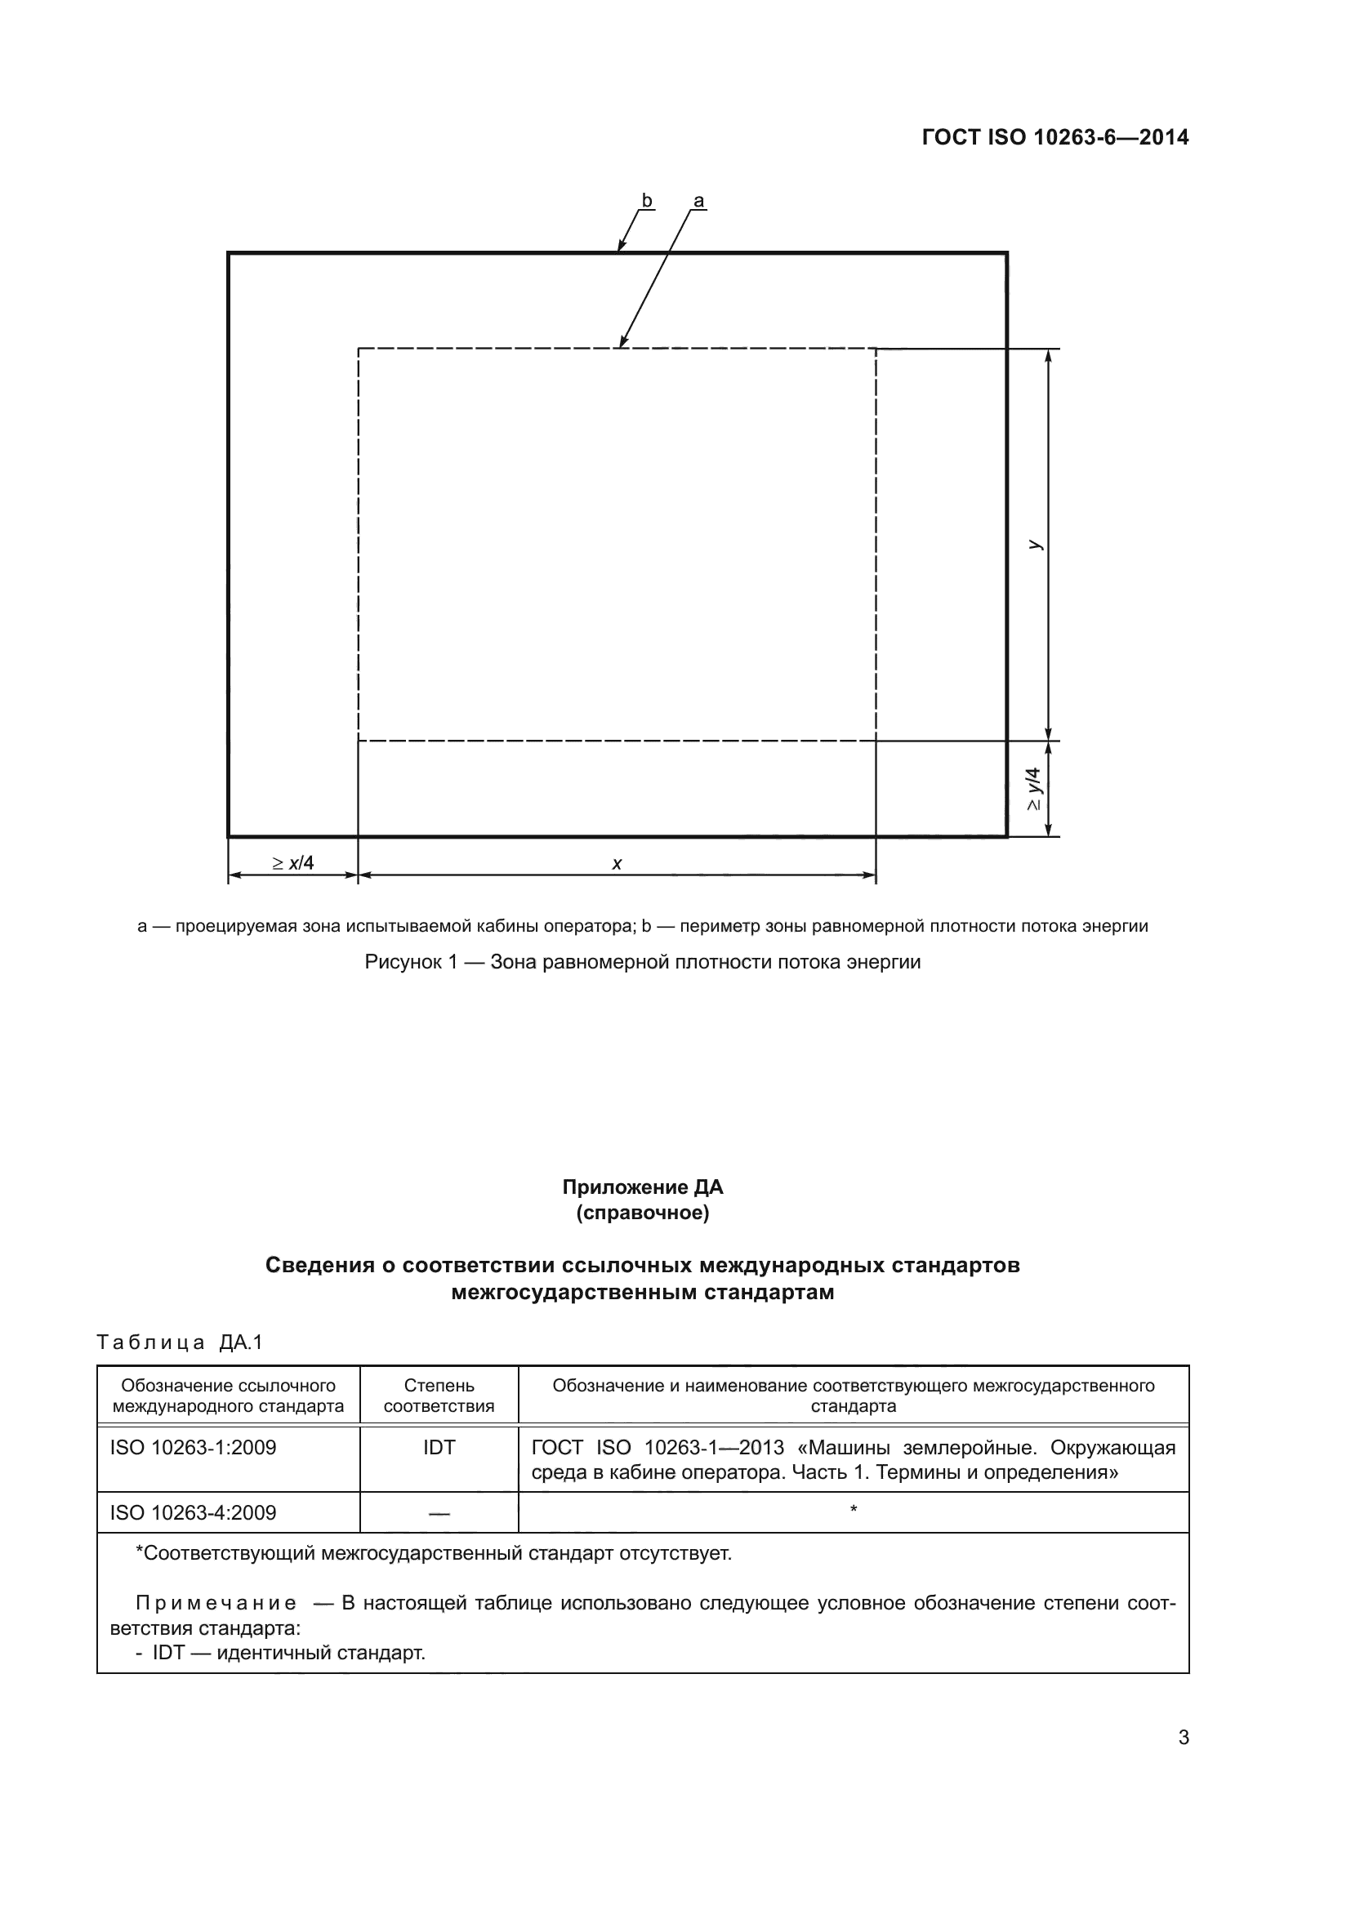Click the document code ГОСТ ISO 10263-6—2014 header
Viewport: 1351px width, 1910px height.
click(1054, 138)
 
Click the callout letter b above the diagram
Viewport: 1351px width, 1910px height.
click(646, 201)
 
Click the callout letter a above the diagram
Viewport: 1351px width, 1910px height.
click(699, 201)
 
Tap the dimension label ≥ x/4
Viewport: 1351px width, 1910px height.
click(293, 862)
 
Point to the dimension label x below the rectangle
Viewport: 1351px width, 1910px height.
click(617, 863)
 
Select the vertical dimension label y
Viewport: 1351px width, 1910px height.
click(1034, 544)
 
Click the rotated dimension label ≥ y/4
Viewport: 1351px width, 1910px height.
click(1034, 788)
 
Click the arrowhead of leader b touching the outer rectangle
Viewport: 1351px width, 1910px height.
click(620, 247)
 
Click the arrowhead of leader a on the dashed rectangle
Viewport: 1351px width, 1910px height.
click(622, 343)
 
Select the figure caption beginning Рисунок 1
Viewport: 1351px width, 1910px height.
click(642, 962)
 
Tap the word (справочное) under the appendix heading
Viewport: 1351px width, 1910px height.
click(642, 1213)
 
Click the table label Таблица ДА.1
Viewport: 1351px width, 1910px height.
click(180, 1342)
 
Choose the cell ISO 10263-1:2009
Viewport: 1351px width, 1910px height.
click(193, 1448)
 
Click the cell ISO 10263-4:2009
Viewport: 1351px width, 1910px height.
click(193, 1512)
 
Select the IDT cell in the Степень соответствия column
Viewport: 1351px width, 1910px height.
click(439, 1448)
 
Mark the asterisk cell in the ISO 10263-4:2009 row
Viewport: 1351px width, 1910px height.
click(854, 1511)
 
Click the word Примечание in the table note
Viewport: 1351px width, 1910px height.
click(216, 1603)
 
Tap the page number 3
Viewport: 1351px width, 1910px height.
click(1183, 1738)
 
